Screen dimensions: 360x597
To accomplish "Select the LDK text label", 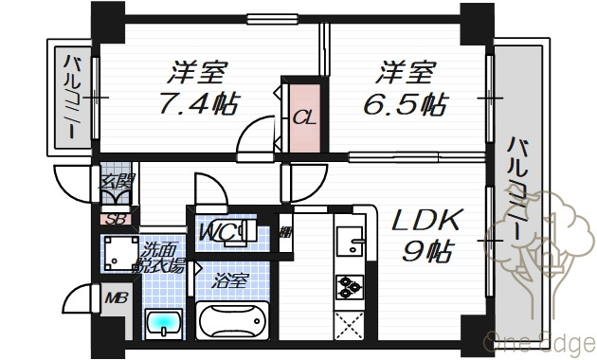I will click(426, 222).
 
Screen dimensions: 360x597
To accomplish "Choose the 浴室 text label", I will click(229, 281).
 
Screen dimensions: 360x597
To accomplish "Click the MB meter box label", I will click(116, 299).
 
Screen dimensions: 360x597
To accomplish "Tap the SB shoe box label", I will click(117, 221).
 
